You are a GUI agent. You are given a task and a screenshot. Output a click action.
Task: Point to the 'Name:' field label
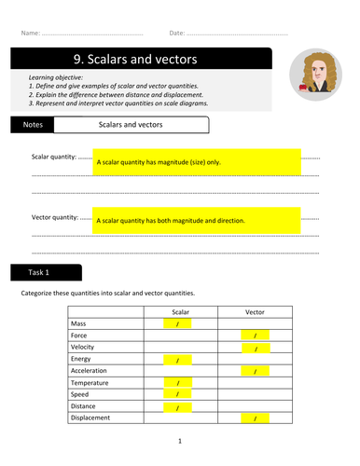30,33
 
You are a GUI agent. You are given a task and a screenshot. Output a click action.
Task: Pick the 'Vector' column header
254,313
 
